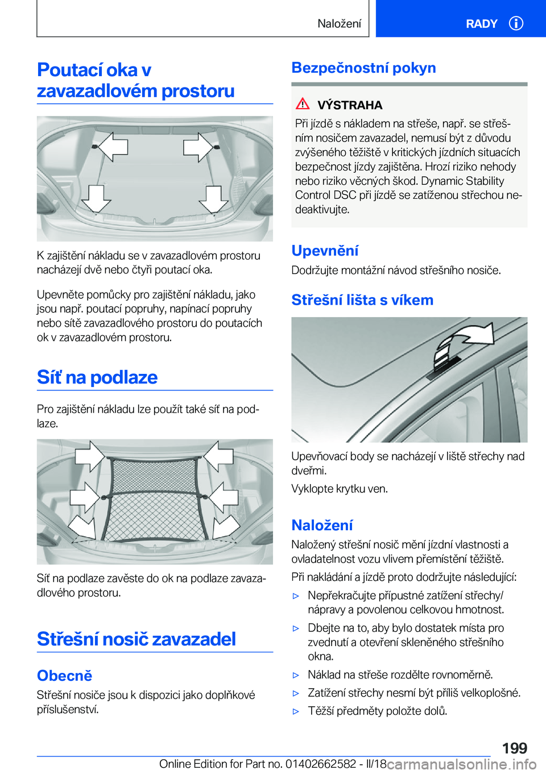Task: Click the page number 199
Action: [x=514, y=748]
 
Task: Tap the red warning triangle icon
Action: [x=303, y=104]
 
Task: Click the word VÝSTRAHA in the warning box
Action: [x=350, y=105]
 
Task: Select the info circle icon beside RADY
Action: [x=516, y=23]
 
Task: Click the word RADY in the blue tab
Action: [x=481, y=24]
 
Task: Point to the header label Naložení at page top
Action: [x=339, y=24]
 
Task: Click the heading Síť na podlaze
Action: [x=97, y=377]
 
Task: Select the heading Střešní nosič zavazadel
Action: [x=136, y=639]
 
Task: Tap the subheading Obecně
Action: [x=64, y=676]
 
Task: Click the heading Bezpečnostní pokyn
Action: [x=363, y=68]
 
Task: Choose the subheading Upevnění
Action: [x=325, y=251]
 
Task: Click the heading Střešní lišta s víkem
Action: [x=362, y=300]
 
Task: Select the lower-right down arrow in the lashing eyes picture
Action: [x=213, y=199]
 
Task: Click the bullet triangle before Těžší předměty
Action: [x=296, y=711]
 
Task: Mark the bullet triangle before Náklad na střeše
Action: [x=296, y=675]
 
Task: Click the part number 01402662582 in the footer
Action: [x=321, y=764]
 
